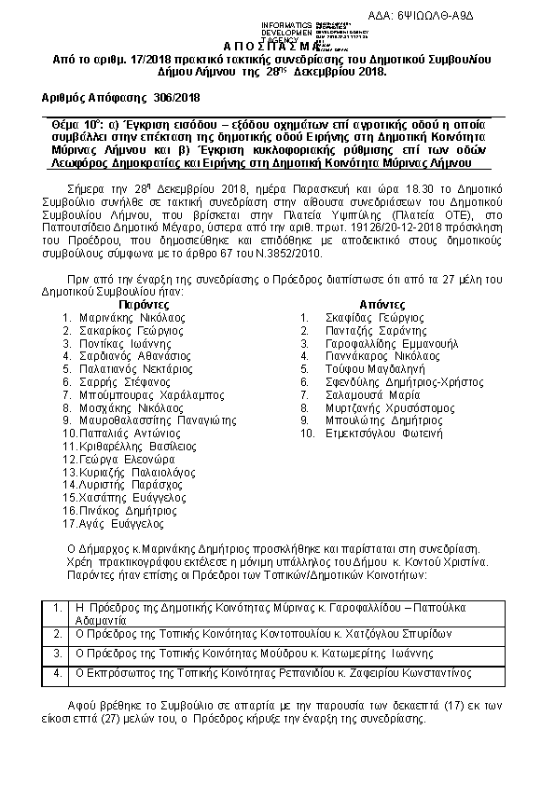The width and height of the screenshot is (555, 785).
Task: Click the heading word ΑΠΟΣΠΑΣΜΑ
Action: click(277, 47)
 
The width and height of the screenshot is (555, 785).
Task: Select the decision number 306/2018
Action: click(177, 97)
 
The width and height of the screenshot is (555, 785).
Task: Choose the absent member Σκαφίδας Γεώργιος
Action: click(368, 317)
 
